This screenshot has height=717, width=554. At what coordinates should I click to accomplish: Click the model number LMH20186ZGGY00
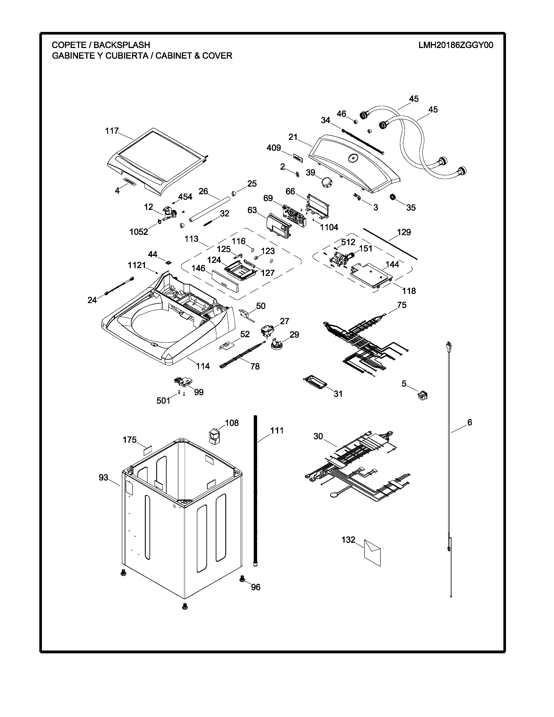coord(456,45)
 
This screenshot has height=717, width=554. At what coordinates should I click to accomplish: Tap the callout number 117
coord(112,131)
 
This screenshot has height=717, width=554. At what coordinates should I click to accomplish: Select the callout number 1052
coord(139,232)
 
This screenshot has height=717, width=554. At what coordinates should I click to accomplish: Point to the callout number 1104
coord(329,227)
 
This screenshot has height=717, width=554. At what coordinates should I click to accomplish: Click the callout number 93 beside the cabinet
coord(103,478)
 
